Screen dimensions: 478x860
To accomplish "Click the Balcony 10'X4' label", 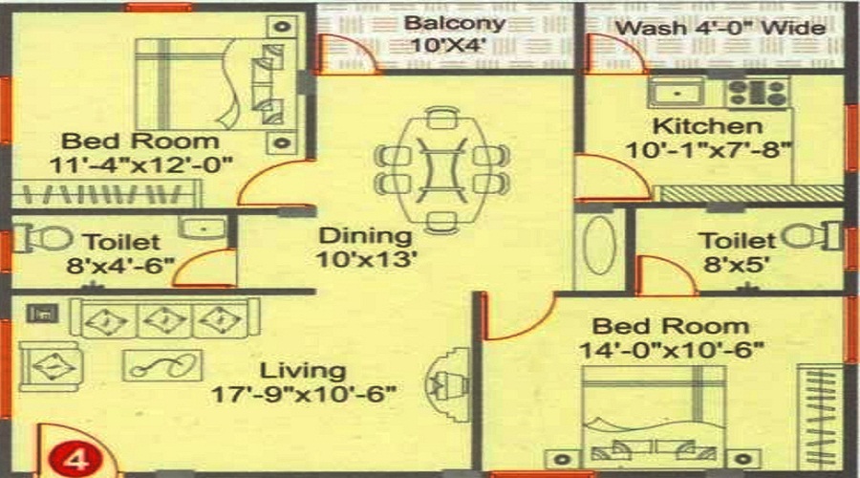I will point(453,33).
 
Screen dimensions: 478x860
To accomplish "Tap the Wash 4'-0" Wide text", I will point(720,27).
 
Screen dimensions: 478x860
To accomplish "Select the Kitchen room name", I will point(706,126).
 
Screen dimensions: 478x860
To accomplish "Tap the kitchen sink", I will point(677,94).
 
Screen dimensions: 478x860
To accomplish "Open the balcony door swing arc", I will point(342,53).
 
